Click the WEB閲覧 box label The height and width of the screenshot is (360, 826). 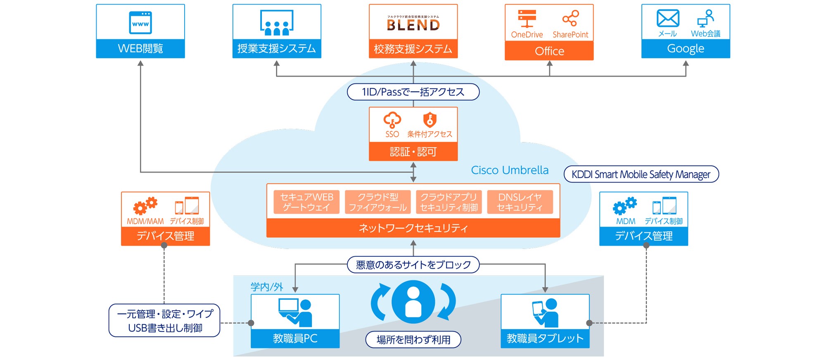click(140, 49)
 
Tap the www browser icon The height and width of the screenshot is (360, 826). click(140, 23)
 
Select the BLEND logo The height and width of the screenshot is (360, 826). click(413, 24)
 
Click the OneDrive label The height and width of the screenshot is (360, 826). click(527, 35)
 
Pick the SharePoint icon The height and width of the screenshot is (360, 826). click(570, 18)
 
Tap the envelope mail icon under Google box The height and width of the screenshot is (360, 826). click(668, 18)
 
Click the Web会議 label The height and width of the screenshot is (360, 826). click(705, 34)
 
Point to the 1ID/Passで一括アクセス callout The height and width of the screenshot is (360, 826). click(413, 92)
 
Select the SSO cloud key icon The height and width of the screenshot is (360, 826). click(392, 120)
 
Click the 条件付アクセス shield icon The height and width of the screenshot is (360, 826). click(430, 120)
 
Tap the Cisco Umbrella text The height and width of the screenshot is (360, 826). click(510, 170)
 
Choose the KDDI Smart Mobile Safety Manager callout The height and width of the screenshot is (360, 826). click(641, 174)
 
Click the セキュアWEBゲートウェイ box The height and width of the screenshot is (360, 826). click(306, 202)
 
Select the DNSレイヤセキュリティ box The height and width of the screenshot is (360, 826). click(520, 202)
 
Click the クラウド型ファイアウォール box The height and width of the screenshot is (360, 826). click(377, 202)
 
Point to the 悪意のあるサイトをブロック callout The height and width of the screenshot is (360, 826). click(413, 265)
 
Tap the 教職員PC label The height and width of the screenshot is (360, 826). click(295, 339)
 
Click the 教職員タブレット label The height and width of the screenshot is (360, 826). click(545, 339)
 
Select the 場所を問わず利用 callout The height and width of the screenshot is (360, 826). click(413, 340)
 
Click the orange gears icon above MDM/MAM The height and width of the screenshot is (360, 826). click(145, 205)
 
